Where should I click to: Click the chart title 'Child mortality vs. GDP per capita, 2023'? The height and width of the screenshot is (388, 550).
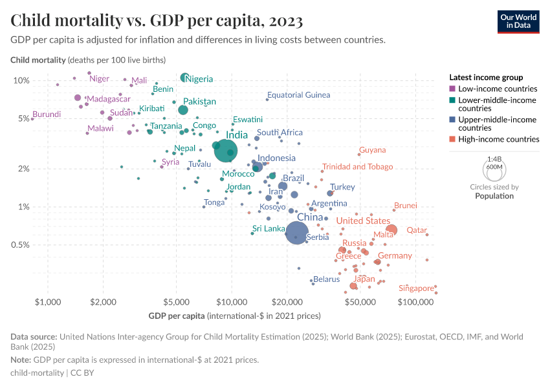(x=157, y=21)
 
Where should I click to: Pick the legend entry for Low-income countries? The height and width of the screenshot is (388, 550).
(x=497, y=89)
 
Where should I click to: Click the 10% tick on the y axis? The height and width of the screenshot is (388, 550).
(x=22, y=81)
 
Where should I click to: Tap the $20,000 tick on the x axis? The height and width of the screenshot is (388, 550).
(x=287, y=302)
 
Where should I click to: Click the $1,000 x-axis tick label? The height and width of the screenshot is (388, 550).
(x=47, y=302)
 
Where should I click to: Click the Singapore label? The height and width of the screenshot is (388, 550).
(x=416, y=288)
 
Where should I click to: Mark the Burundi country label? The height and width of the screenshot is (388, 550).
(x=47, y=114)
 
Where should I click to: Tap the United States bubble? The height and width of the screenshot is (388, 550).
(x=391, y=230)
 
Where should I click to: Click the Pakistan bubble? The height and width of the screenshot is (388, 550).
(x=183, y=110)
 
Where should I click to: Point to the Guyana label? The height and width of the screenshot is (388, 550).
(x=372, y=150)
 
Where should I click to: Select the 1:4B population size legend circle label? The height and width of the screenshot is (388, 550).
(x=494, y=158)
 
